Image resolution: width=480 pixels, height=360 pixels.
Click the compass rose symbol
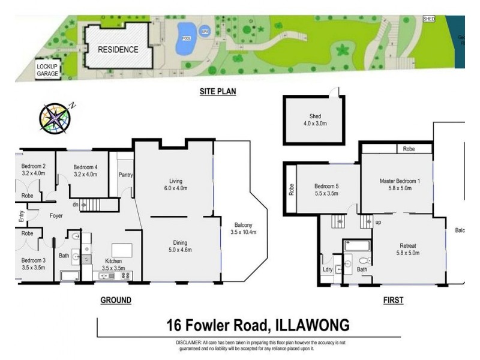[56, 116]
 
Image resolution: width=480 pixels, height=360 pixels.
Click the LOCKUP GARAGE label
[47, 70]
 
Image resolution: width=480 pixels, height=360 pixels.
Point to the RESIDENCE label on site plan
[118, 49]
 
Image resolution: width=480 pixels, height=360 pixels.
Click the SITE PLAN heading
[218, 92]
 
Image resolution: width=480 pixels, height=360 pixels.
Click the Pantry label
[125, 175]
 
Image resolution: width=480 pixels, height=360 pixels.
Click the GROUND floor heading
[116, 299]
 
